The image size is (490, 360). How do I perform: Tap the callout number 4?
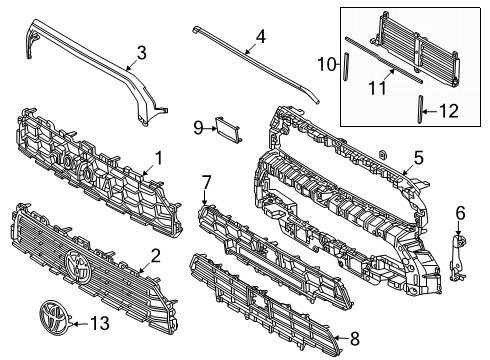point(261,37)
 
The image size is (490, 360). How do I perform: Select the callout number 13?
point(100,323)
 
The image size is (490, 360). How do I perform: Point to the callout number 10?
point(327,64)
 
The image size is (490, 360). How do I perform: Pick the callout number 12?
point(449,111)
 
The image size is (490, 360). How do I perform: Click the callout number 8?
point(355,339)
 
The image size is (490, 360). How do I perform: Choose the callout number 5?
point(418,158)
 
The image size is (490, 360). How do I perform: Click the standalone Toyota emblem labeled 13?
point(54,317)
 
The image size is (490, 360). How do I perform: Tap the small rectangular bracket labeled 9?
point(228,130)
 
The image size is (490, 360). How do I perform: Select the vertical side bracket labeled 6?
point(458,257)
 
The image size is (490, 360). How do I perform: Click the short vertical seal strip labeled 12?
point(421,109)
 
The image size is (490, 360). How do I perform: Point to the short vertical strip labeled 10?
point(346,66)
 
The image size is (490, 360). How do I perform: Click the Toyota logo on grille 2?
point(77,268)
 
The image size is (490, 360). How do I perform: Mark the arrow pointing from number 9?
point(210,128)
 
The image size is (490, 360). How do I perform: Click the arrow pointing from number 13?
point(80,323)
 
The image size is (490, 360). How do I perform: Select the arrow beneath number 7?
point(205,197)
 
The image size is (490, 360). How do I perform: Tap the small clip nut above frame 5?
point(382,154)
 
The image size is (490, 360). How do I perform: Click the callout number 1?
point(158,158)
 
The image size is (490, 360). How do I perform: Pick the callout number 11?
point(377,88)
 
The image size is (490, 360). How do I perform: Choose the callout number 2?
point(155,256)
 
